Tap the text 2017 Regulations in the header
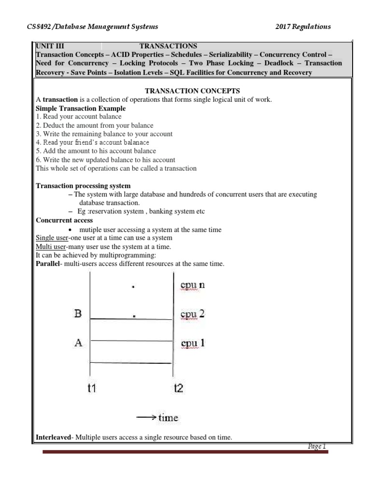[x=303, y=27]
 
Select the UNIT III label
[x=50, y=46]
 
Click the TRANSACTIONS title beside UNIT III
[x=168, y=46]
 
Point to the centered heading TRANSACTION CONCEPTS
[x=185, y=91]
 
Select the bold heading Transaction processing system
[x=83, y=186]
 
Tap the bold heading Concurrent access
[x=64, y=220]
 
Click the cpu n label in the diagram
[x=192, y=285]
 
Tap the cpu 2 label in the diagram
[x=192, y=314]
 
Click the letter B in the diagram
[x=78, y=314]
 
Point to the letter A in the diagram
[x=78, y=343]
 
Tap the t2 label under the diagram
[x=178, y=388]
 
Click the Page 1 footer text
[x=317, y=446]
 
